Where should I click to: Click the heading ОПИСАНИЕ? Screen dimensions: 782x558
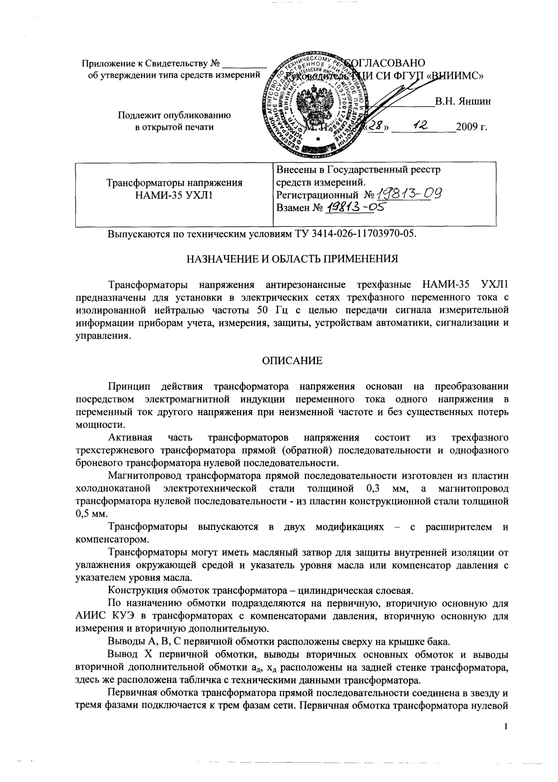(x=292, y=361)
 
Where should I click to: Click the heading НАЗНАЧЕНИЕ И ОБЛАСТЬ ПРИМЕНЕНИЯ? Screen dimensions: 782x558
(x=292, y=258)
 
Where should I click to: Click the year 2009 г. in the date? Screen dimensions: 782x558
(x=471, y=127)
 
